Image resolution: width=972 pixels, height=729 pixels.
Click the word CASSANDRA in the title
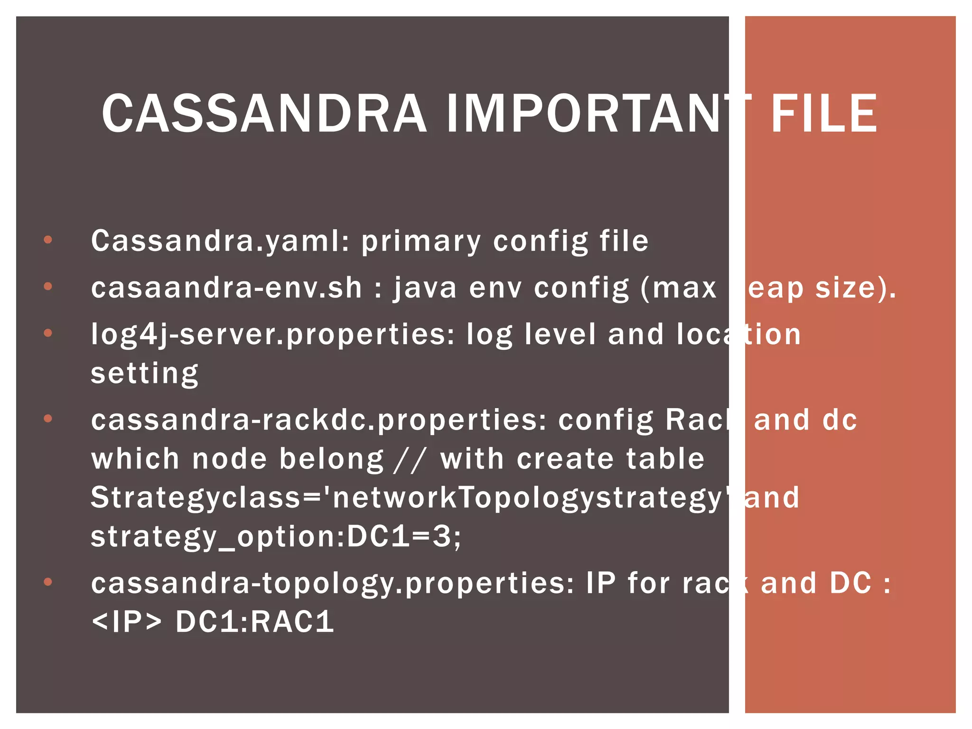coord(264,113)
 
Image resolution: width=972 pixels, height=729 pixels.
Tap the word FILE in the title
coord(824,113)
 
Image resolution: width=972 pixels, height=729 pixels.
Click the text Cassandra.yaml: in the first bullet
coord(220,241)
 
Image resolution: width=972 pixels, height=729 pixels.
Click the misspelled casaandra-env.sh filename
coord(226,288)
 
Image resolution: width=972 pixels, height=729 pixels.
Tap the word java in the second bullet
coord(425,289)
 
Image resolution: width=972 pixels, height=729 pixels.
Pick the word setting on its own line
coord(144,374)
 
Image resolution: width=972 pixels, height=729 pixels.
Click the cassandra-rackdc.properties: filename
coord(318,421)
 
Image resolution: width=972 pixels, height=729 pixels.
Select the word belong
coord(331,459)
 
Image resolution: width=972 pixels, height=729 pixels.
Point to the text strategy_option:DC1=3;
coord(275,537)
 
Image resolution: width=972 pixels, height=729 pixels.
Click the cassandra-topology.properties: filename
coord(332,583)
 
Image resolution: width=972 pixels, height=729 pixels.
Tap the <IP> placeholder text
coord(126,622)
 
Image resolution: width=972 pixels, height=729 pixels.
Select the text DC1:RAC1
coord(255,622)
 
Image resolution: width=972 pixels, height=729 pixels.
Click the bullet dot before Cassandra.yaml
coord(48,240)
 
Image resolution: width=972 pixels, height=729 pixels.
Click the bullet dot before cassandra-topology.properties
coord(48,582)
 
